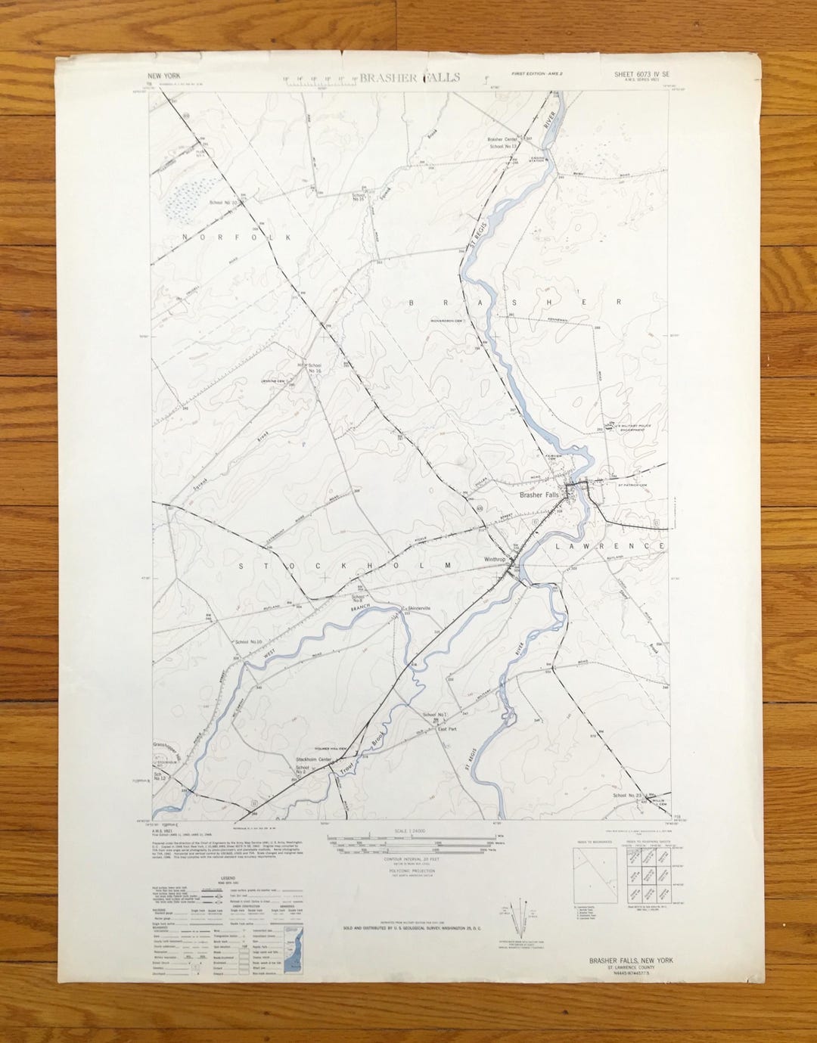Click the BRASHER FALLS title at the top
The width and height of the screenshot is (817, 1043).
pyautogui.click(x=409, y=78)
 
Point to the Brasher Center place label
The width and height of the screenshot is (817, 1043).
pyautogui.click(x=505, y=140)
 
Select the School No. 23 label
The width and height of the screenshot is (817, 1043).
pyautogui.click(x=628, y=796)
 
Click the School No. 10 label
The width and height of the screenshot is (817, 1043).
pyautogui.click(x=248, y=641)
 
